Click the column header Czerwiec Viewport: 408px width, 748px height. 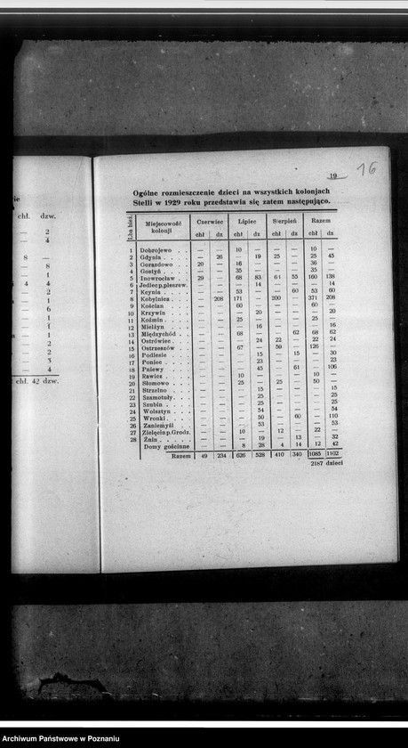pyautogui.click(x=210, y=218)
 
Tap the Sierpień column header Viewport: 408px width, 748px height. pyautogui.click(x=284, y=218)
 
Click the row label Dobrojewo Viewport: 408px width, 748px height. pyautogui.click(x=153, y=250)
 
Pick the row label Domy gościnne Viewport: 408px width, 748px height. pyautogui.click(x=166, y=445)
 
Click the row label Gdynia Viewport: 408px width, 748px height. pyautogui.click(x=149, y=257)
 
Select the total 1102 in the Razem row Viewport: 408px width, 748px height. pyautogui.click(x=332, y=454)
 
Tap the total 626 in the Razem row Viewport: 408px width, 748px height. pyautogui.click(x=239, y=454)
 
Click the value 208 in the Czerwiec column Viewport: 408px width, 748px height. pyautogui.click(x=219, y=299)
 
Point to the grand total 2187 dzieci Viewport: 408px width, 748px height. pyautogui.click(x=326, y=464)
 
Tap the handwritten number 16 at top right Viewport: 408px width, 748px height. pyautogui.click(x=365, y=168)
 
